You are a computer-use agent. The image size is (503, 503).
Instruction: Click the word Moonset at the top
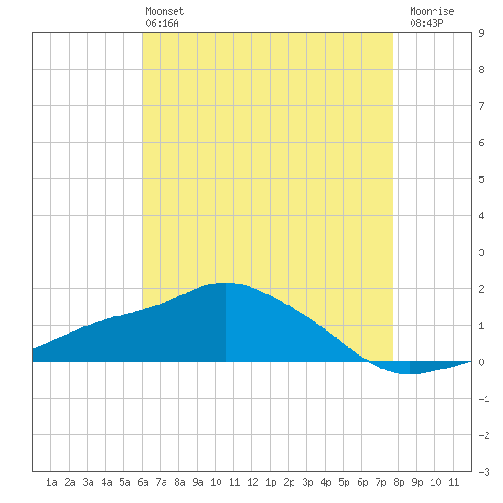click(165, 11)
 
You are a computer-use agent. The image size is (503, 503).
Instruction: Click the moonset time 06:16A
click(162, 23)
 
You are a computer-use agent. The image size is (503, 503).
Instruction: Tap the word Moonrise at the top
click(432, 11)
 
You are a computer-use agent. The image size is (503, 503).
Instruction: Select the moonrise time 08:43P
click(426, 23)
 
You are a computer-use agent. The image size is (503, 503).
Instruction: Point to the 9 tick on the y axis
click(481, 33)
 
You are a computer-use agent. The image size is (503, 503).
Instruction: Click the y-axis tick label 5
click(481, 179)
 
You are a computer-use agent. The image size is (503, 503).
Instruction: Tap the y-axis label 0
click(481, 362)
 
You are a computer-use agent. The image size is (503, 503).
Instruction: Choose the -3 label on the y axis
click(484, 472)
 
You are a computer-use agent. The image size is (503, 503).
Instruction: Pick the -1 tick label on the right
click(484, 399)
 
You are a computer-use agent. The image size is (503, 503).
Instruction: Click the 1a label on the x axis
click(51, 482)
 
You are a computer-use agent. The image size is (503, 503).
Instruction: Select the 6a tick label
click(143, 482)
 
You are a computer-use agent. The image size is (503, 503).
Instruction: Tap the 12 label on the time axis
click(252, 482)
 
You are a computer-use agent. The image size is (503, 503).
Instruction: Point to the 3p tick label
click(307, 482)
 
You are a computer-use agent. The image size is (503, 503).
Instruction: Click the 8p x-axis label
click(399, 482)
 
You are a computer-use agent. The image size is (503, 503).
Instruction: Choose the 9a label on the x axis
click(198, 482)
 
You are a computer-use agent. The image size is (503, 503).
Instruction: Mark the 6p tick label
click(362, 482)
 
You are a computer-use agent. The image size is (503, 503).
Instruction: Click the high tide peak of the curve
click(226, 283)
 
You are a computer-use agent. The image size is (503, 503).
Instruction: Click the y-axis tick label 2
click(481, 289)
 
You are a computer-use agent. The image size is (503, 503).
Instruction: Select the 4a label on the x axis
click(106, 482)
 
